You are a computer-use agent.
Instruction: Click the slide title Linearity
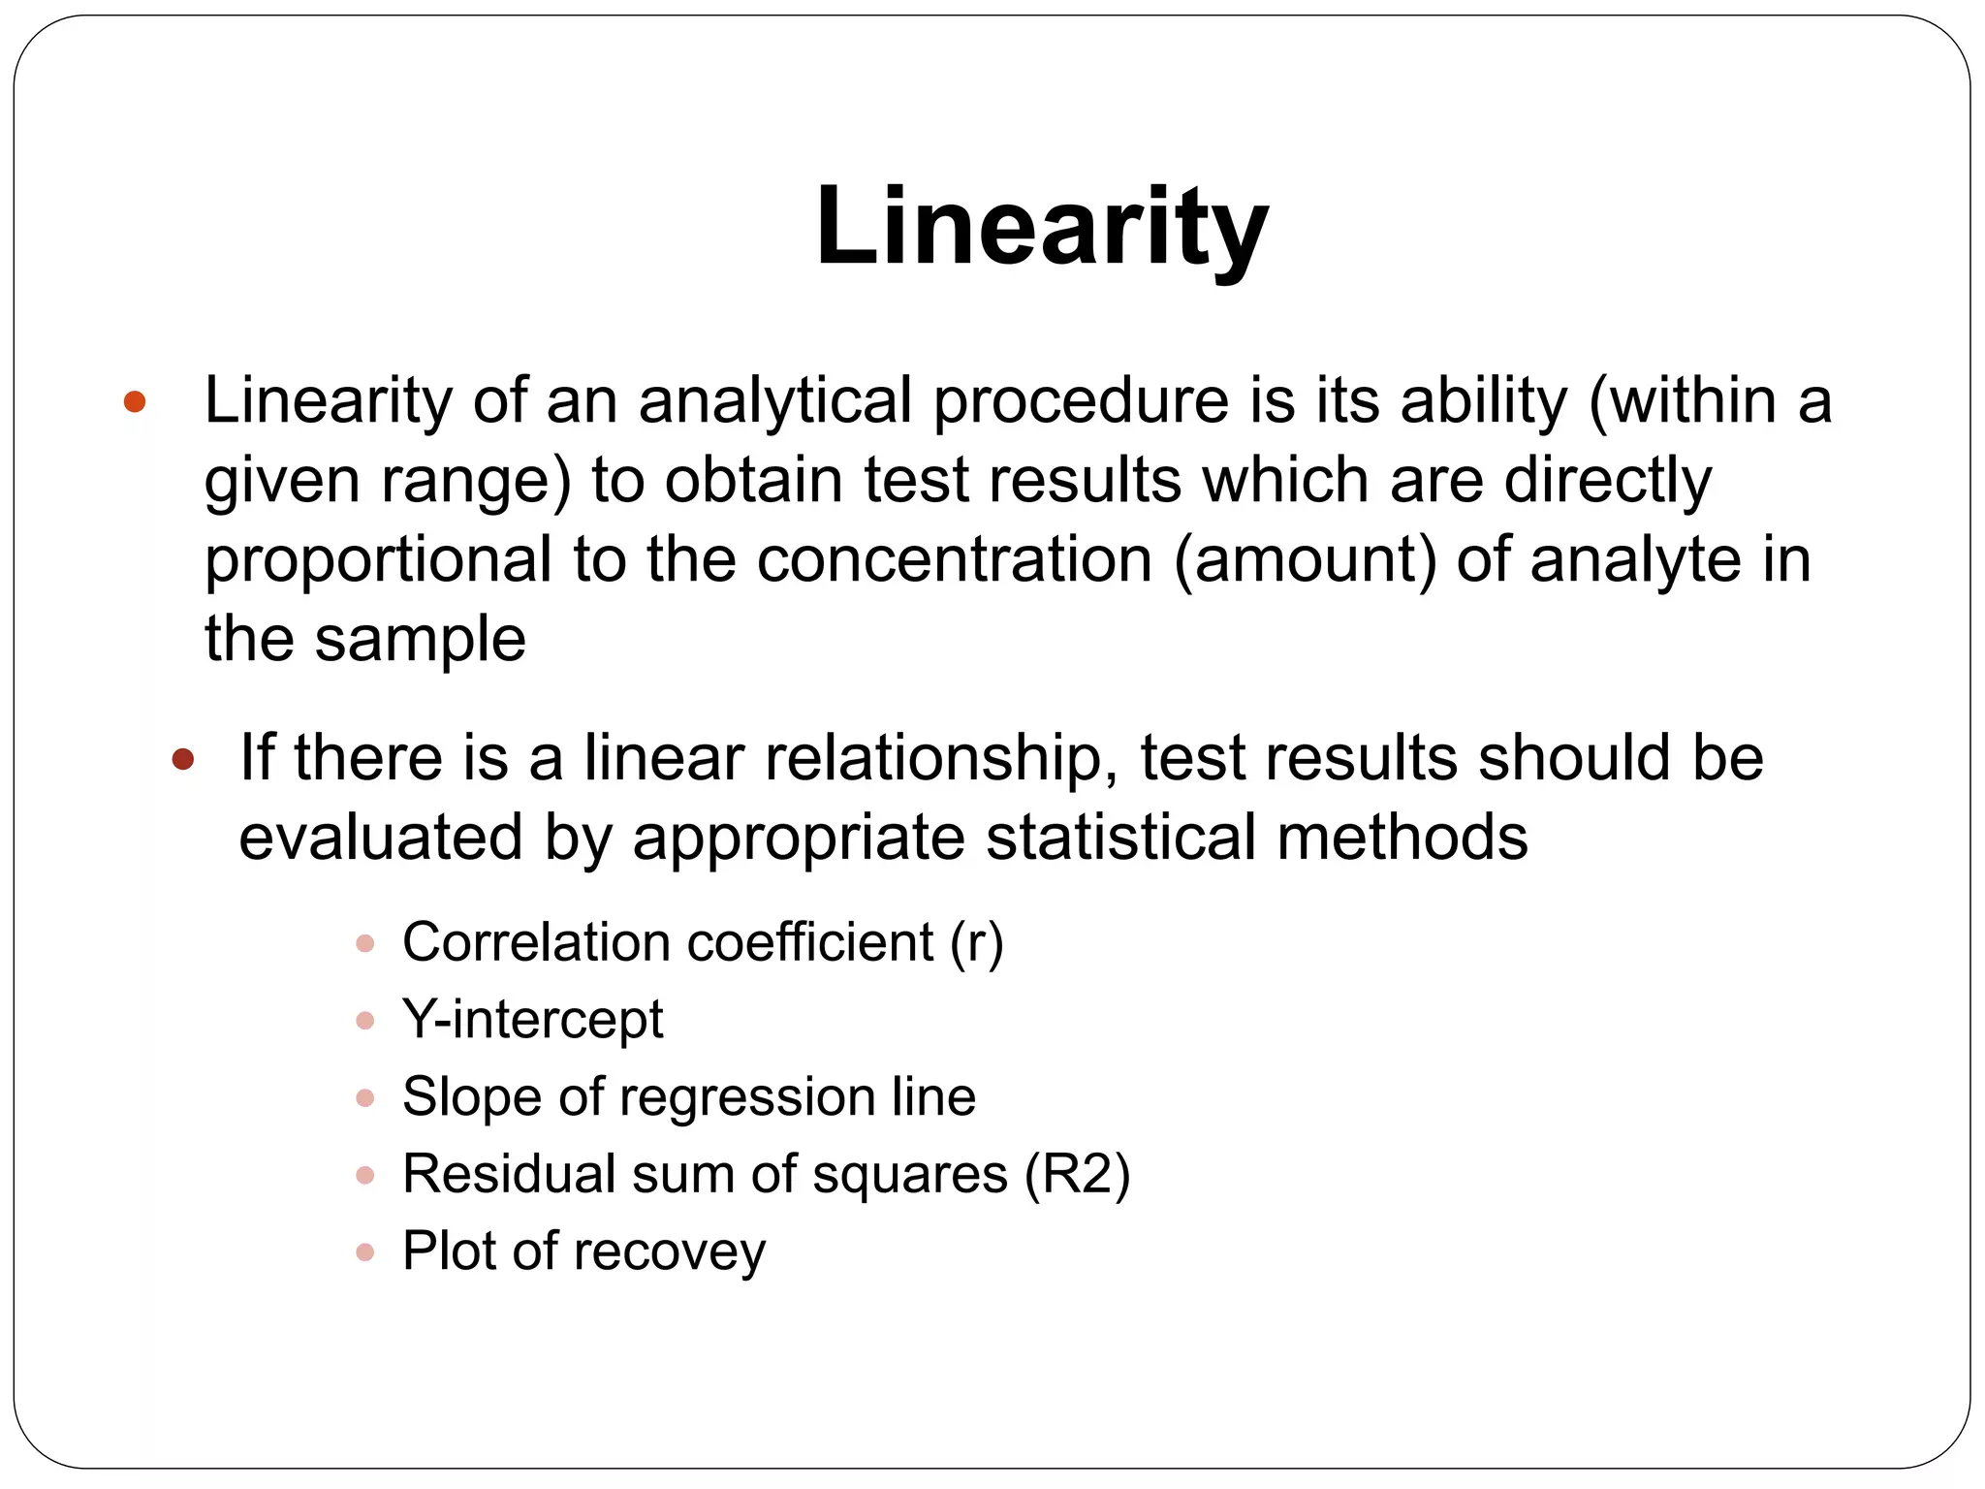[1042, 228]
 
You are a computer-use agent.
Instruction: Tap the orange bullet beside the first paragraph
[135, 401]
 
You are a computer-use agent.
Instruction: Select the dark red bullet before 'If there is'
[182, 759]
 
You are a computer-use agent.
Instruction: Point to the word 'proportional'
[378, 561]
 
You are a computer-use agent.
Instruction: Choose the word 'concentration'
[954, 559]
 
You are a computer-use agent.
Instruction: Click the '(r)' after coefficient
[976, 942]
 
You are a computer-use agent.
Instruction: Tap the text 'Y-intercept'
[532, 1020]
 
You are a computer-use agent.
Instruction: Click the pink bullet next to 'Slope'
[365, 1098]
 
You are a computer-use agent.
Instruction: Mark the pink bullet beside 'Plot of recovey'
[365, 1252]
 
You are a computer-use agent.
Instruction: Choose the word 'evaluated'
[381, 838]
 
